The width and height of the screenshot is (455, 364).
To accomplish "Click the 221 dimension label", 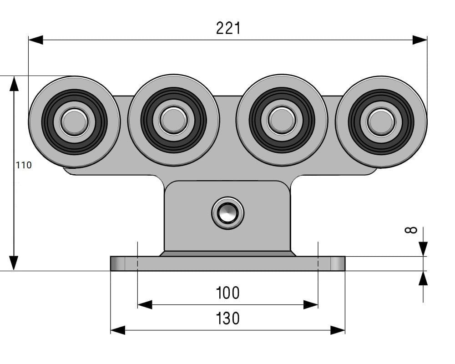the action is point(228,28).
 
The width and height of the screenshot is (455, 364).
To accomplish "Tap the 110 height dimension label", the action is point(24,165).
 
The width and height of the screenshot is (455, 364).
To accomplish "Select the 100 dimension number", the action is point(228,293).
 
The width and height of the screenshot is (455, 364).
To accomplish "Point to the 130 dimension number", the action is point(228,318).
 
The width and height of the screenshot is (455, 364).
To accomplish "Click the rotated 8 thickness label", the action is point(411,230).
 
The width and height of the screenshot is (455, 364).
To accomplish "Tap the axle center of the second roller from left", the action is point(173,121).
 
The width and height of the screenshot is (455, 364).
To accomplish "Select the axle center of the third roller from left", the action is point(282,121).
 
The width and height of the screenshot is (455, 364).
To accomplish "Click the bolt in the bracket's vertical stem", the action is point(228,213).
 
